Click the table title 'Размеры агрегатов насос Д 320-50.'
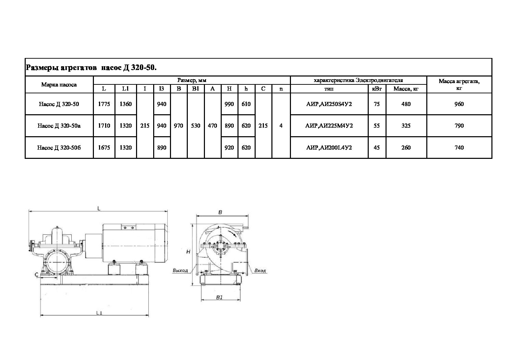pos(91,68)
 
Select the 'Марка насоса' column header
pos(59,85)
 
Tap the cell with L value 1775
pos(104,104)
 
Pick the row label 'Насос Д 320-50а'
pos(59,126)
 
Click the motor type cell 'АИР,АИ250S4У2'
pos(329,104)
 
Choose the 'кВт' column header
pos(377,89)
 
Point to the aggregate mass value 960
pos(459,104)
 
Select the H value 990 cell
pos(229,104)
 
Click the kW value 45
pos(377,148)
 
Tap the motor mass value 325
pos(406,126)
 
